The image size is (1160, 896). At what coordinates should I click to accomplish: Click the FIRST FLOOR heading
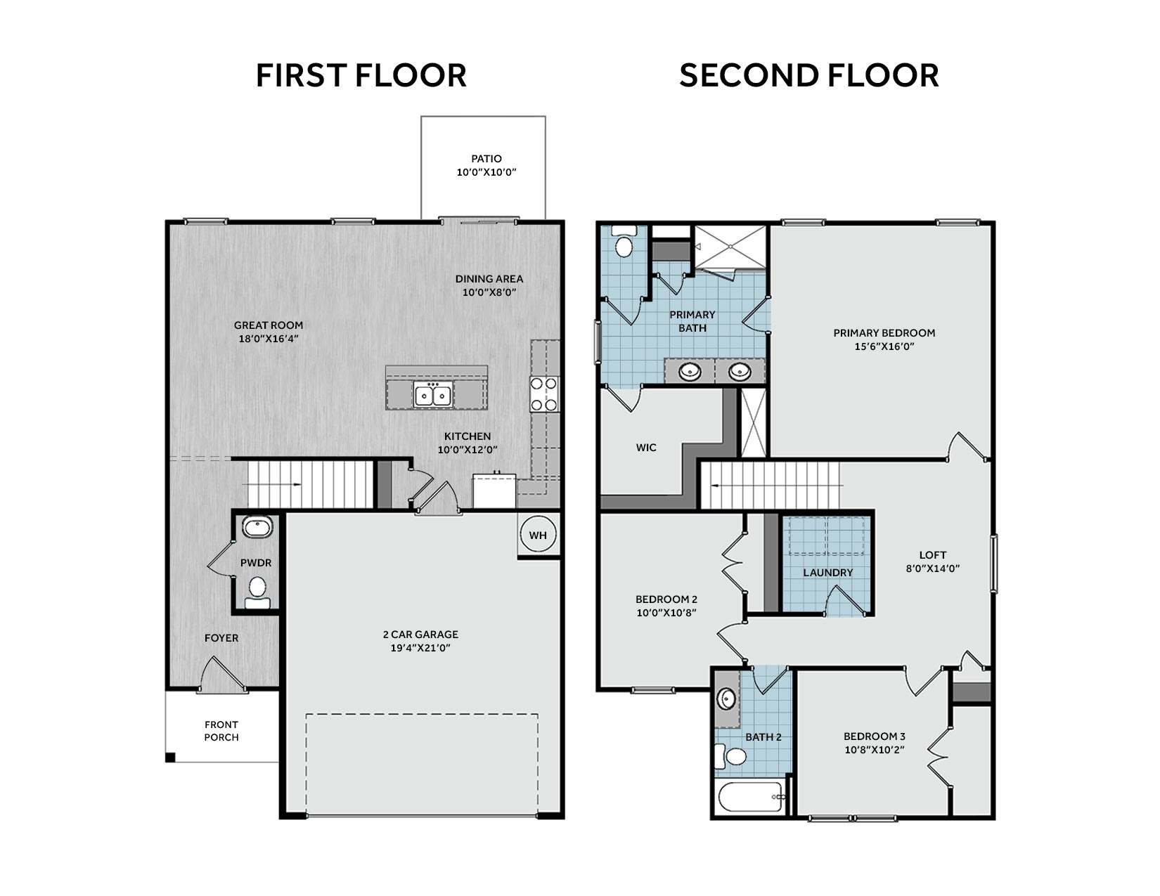point(361,75)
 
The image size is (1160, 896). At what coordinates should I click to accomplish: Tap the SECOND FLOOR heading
point(808,75)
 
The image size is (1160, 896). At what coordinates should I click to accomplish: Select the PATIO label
point(486,159)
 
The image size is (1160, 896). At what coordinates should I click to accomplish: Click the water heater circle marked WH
point(538,534)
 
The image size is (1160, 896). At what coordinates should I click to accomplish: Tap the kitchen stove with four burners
point(544,394)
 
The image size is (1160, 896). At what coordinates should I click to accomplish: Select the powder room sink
point(258,527)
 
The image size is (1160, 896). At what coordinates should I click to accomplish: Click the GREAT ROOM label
point(269,325)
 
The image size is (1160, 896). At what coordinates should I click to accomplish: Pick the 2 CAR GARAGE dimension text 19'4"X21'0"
point(420,648)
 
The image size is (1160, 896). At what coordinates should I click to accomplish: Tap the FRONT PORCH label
point(221,731)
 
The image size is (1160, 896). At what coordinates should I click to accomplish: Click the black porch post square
point(170,757)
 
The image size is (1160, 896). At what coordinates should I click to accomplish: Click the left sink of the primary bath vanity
point(690,370)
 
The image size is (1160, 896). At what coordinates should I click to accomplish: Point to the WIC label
point(646,447)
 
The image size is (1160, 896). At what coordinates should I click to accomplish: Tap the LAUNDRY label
point(828,573)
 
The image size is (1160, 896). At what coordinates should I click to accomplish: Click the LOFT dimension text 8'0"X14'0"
point(933,569)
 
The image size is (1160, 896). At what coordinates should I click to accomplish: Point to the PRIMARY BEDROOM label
point(884,333)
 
